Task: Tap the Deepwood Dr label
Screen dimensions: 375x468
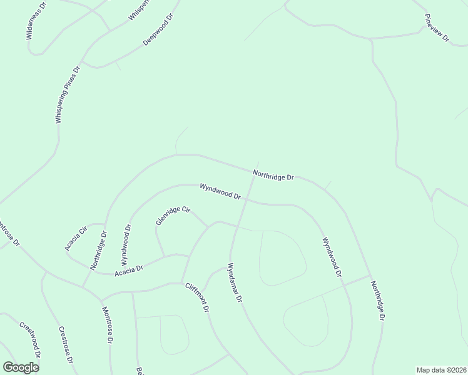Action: click(x=157, y=28)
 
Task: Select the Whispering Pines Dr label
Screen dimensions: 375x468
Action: click(x=68, y=94)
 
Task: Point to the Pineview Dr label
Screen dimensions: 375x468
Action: click(x=437, y=27)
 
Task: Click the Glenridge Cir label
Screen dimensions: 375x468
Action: click(x=173, y=216)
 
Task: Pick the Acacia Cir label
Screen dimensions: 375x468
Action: click(x=75, y=236)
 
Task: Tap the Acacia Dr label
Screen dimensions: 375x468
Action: click(x=129, y=269)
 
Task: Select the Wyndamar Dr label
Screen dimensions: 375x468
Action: click(x=235, y=283)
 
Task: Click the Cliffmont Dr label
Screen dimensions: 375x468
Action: click(x=196, y=297)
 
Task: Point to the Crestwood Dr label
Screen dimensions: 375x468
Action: click(x=30, y=339)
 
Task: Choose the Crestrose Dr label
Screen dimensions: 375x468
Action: click(x=66, y=345)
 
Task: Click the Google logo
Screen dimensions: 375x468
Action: click(x=21, y=367)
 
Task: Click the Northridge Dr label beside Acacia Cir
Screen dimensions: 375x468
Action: click(x=98, y=251)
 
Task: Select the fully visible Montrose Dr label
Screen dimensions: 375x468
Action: click(x=107, y=323)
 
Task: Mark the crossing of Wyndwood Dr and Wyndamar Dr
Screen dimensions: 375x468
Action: click(x=245, y=201)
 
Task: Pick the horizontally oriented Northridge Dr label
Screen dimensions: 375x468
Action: click(x=273, y=175)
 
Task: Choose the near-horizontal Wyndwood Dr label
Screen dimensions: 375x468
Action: click(x=220, y=191)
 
